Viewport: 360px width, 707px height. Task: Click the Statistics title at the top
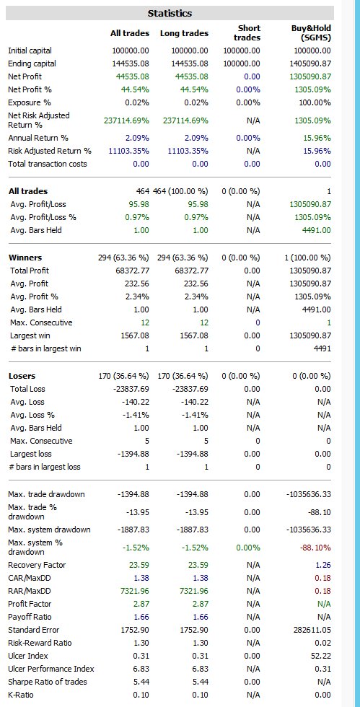(x=170, y=13)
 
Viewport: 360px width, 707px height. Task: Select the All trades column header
(x=129, y=33)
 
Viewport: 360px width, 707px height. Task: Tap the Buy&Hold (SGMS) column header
(x=311, y=33)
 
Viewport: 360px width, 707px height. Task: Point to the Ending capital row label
(x=32, y=63)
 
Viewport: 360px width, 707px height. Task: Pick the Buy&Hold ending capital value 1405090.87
(x=312, y=63)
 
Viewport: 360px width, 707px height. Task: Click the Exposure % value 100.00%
(x=315, y=102)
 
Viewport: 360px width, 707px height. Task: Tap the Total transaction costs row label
(x=48, y=164)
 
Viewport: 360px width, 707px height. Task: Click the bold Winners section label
(x=25, y=258)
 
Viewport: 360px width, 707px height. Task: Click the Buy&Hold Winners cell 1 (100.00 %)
(x=307, y=258)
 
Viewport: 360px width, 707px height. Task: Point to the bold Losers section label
(x=22, y=376)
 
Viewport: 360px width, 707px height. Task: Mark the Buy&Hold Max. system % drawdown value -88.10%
(x=316, y=548)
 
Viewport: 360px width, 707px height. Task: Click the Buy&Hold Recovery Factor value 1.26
(x=323, y=565)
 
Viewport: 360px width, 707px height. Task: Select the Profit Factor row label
(x=30, y=604)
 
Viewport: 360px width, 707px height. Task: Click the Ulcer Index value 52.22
(x=322, y=656)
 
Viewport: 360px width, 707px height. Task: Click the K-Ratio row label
(x=21, y=695)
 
